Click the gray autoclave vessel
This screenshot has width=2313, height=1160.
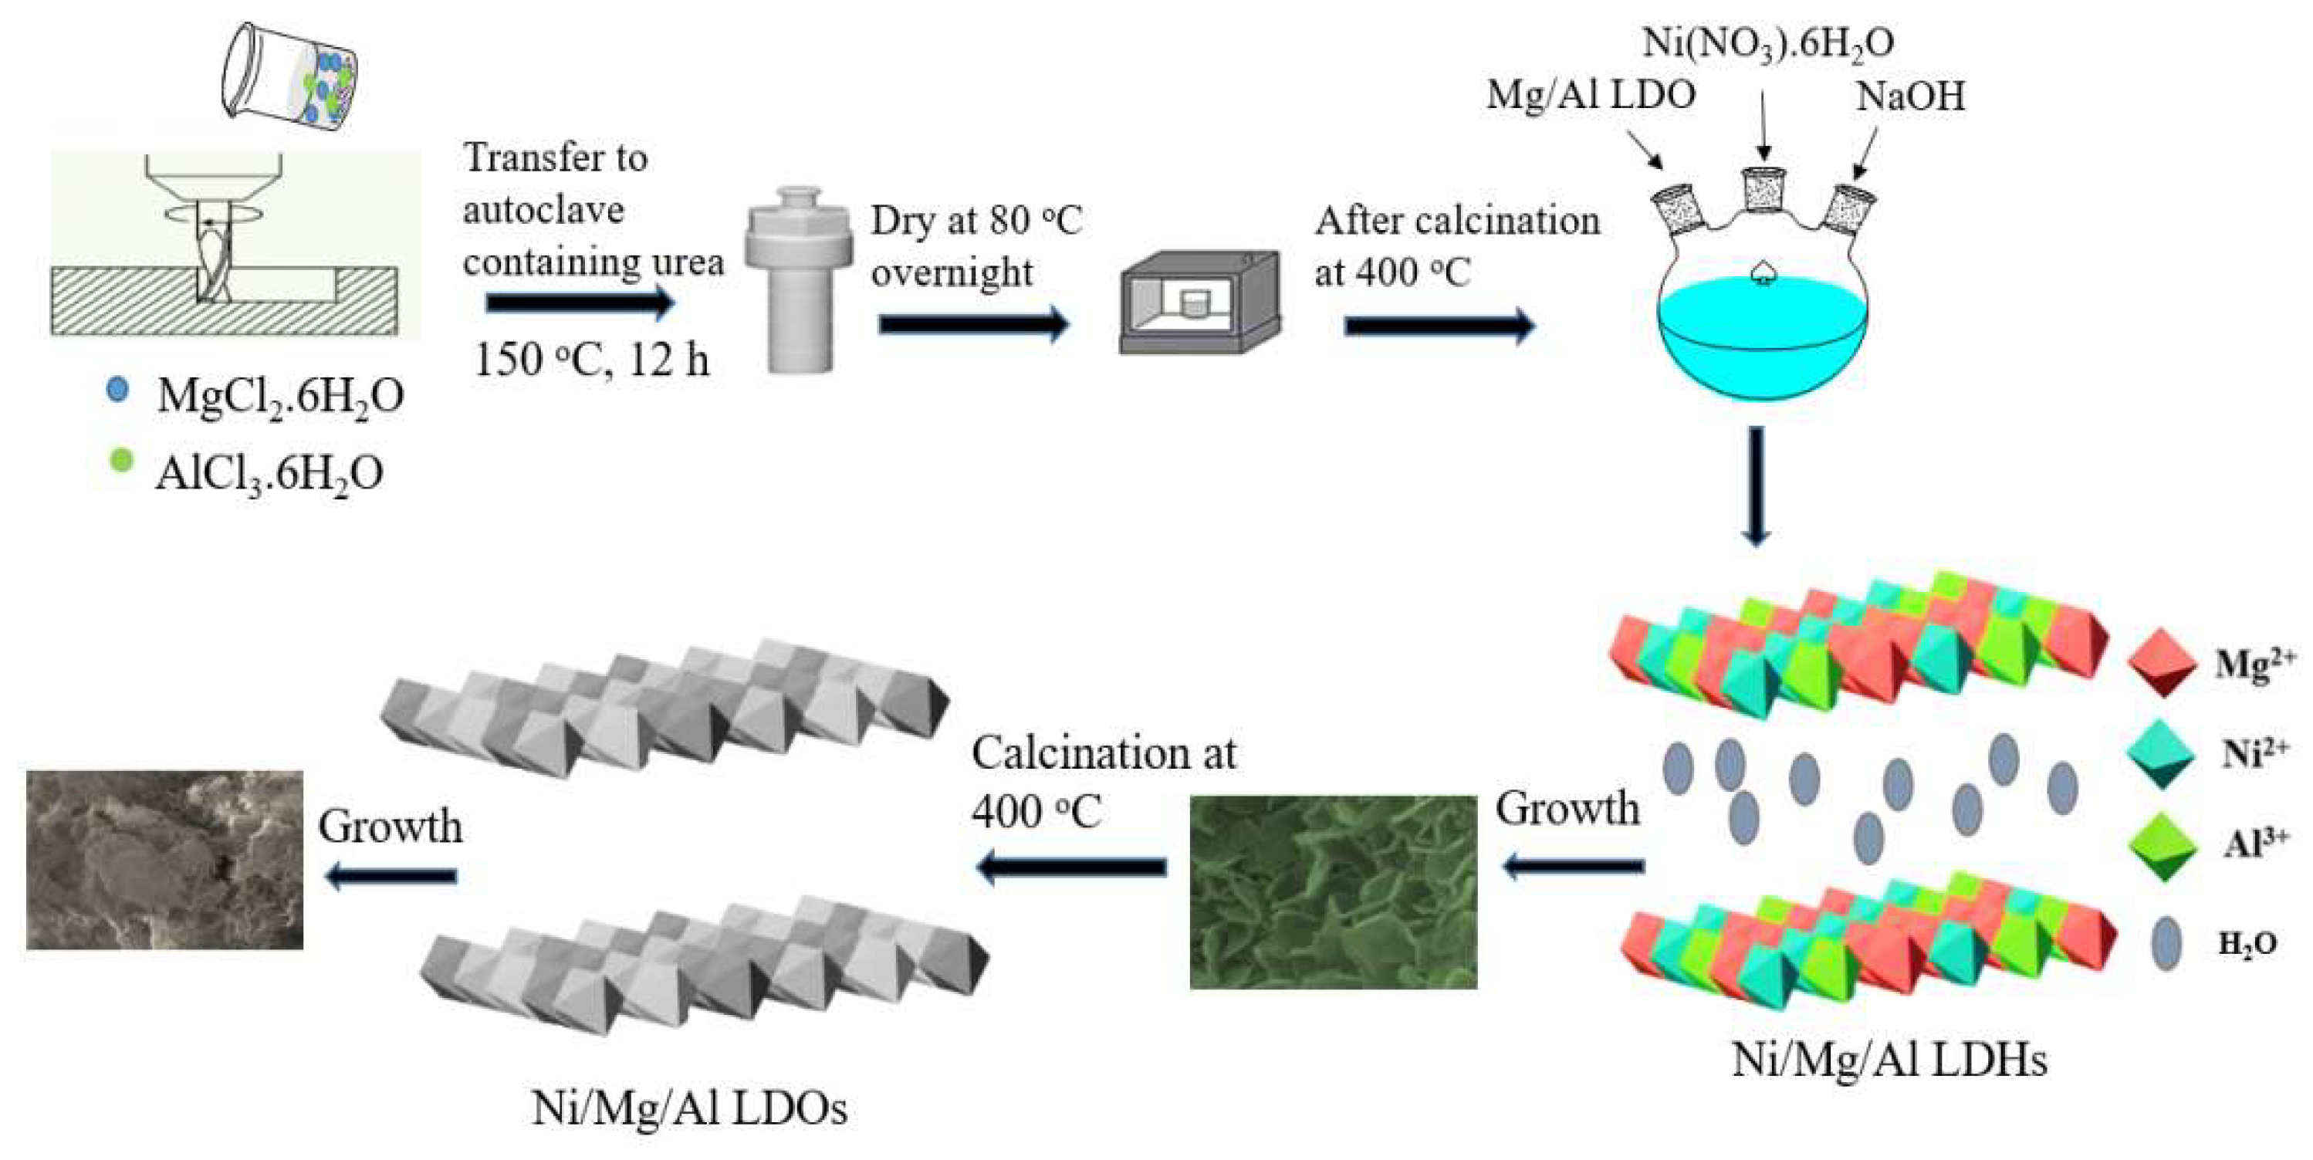pos(798,279)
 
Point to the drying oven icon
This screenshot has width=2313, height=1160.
pos(1199,303)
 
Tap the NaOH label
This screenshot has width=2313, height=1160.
pos(1910,96)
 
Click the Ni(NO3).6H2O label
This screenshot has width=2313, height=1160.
pos(1768,42)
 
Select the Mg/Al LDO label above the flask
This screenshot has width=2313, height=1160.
pos(1590,94)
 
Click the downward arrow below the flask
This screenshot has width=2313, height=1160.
pos(1756,485)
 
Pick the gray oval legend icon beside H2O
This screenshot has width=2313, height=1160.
pos(2166,942)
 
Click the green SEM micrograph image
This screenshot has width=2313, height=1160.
pos(1333,891)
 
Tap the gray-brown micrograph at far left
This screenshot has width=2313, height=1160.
pos(164,859)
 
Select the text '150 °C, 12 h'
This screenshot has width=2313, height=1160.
pos(591,360)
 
